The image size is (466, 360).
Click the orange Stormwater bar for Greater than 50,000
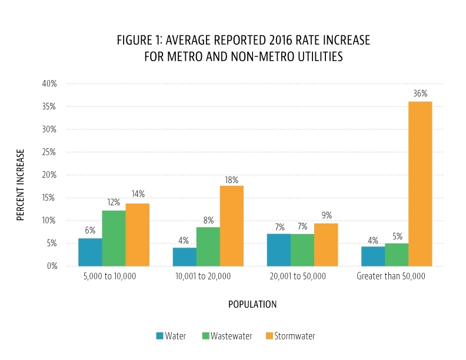(420, 184)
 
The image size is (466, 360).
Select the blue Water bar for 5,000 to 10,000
(90, 252)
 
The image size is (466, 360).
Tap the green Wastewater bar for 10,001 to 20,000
(208, 246)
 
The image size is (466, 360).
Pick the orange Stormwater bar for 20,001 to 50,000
(326, 244)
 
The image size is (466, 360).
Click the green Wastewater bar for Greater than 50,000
(397, 254)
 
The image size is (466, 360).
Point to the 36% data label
(420, 94)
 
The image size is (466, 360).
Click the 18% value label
(231, 180)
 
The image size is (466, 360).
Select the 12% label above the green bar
(114, 202)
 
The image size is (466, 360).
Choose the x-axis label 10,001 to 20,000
(203, 276)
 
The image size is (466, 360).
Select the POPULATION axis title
(252, 305)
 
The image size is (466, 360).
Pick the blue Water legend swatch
(159, 336)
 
